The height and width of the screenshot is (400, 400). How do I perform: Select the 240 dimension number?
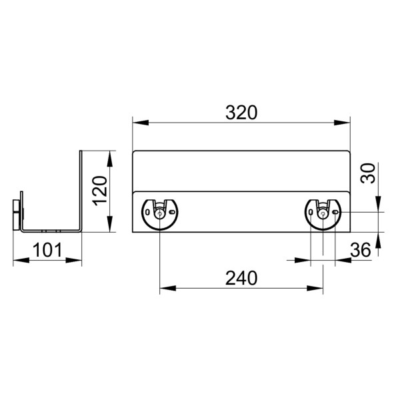click(241, 278)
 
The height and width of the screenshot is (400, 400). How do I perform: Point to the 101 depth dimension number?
click(47, 250)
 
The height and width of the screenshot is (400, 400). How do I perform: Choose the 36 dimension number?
click(360, 250)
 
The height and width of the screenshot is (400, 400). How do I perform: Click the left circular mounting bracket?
click(159, 213)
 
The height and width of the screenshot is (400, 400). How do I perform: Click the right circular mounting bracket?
click(323, 213)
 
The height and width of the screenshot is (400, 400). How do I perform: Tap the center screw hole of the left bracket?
click(159, 214)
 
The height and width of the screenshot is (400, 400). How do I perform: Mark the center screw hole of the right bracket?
click(323, 214)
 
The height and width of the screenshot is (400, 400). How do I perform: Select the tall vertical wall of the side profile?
click(81, 190)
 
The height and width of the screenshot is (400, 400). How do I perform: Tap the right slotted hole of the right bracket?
click(337, 213)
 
